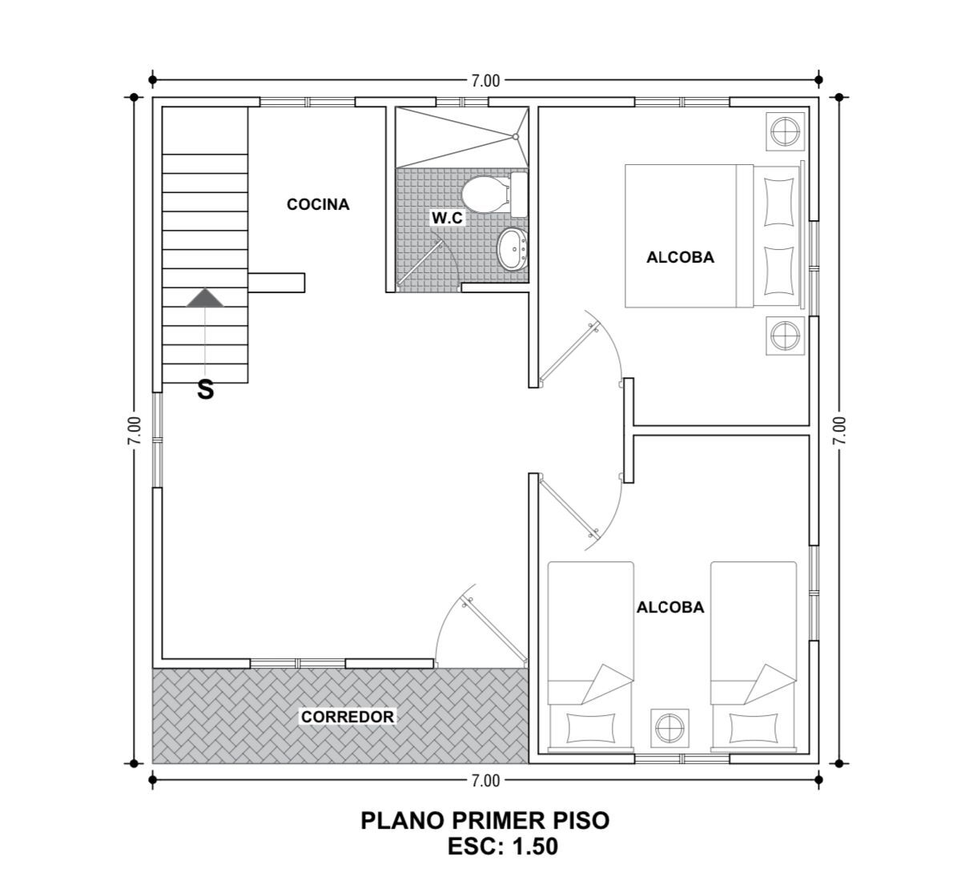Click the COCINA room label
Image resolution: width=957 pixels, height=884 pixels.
318,204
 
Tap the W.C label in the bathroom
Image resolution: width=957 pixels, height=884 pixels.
448,218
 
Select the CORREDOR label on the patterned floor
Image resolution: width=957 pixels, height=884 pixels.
348,717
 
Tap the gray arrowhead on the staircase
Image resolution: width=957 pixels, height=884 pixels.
205,298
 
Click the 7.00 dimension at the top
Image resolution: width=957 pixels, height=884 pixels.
485,81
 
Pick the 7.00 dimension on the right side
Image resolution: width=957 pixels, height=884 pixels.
840,431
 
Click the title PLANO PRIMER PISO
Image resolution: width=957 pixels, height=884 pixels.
485,821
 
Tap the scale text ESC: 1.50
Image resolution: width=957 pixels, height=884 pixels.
503,847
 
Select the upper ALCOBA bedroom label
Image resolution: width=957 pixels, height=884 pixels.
680,258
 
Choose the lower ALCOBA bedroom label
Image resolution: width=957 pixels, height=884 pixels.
670,608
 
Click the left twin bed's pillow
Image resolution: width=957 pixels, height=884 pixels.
590,728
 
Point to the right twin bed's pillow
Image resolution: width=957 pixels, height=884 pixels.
754,728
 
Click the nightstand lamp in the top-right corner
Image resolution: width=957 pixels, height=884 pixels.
786,131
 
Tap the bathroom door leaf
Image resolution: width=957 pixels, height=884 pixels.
420,263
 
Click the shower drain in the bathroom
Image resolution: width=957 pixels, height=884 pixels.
516,137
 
